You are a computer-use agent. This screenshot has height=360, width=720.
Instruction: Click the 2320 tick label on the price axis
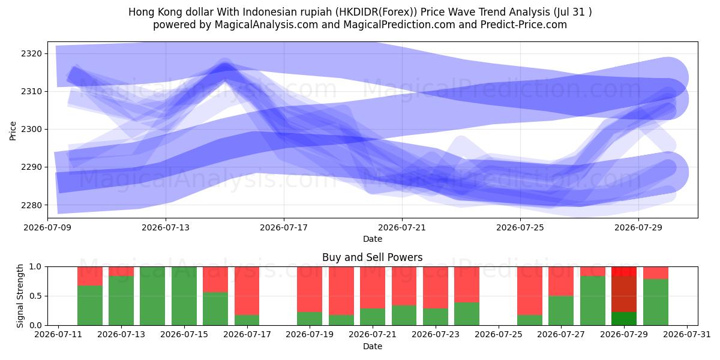point(32,53)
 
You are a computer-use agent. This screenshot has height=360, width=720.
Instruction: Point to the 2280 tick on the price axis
point(32,205)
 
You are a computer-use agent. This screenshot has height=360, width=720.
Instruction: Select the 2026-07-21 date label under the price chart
point(402,227)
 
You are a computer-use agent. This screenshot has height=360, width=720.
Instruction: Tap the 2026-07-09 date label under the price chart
point(47,227)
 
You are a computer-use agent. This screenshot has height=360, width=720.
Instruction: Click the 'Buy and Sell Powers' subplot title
point(372,257)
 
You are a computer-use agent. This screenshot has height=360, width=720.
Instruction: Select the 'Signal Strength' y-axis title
point(20,296)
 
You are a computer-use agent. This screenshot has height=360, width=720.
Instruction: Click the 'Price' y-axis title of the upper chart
point(13,131)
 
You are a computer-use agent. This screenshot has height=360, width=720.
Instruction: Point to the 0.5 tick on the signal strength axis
point(35,296)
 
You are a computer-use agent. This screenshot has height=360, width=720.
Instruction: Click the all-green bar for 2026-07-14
point(152,296)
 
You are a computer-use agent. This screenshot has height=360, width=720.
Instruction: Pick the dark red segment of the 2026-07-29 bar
point(624,294)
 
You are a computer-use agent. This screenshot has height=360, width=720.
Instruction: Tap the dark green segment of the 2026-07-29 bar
point(624,319)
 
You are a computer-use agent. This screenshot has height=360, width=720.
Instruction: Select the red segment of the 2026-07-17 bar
point(247,291)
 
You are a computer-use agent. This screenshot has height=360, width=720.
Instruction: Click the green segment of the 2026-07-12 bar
point(90,305)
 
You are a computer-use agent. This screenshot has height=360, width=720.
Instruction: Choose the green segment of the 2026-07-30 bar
point(656,302)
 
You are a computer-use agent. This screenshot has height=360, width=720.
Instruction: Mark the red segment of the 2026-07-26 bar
point(529,291)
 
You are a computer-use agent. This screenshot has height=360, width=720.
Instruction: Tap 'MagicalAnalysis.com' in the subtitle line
point(266,25)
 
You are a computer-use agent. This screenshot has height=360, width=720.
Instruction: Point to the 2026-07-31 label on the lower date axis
point(687,335)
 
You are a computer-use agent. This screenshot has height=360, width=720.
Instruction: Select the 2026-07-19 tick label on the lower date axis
point(310,335)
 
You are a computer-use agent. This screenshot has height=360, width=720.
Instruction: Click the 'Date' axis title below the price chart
point(373,239)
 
